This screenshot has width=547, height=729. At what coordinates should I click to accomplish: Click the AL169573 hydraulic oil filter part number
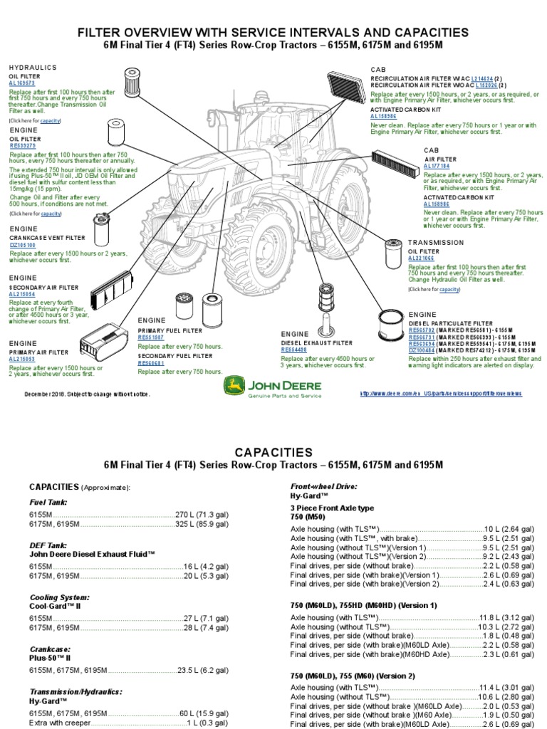pyautogui.click(x=21, y=83)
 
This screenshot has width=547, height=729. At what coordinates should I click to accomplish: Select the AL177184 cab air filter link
pyautogui.click(x=436, y=165)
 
